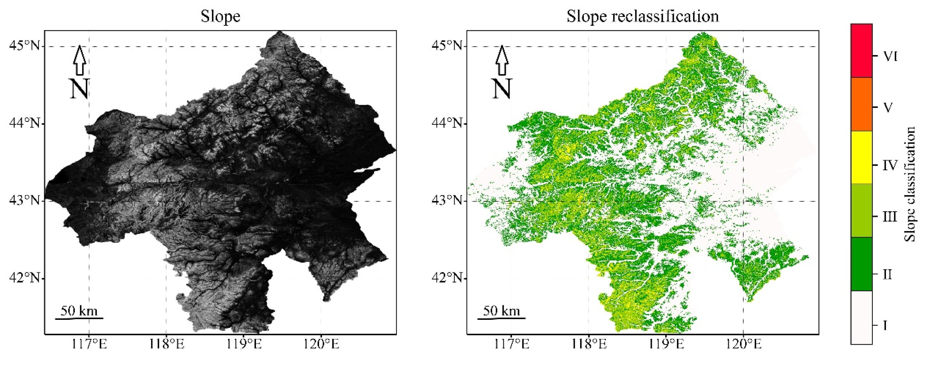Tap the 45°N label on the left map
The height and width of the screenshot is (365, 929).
coord(24,46)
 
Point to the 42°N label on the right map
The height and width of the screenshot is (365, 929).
coord(447,278)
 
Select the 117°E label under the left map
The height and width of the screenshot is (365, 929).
coord(89,344)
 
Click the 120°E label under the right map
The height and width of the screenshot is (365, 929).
coord(743,344)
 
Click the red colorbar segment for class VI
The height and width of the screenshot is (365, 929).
coord(861,51)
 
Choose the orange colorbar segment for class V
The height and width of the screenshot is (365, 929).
coord(861,104)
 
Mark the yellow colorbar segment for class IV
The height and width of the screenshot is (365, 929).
coord(861,157)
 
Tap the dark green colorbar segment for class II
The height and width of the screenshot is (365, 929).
coord(861,264)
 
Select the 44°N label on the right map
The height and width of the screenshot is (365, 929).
coord(447,123)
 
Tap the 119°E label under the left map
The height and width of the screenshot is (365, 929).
coord(244,344)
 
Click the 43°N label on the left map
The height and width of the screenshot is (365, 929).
coord(24,201)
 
